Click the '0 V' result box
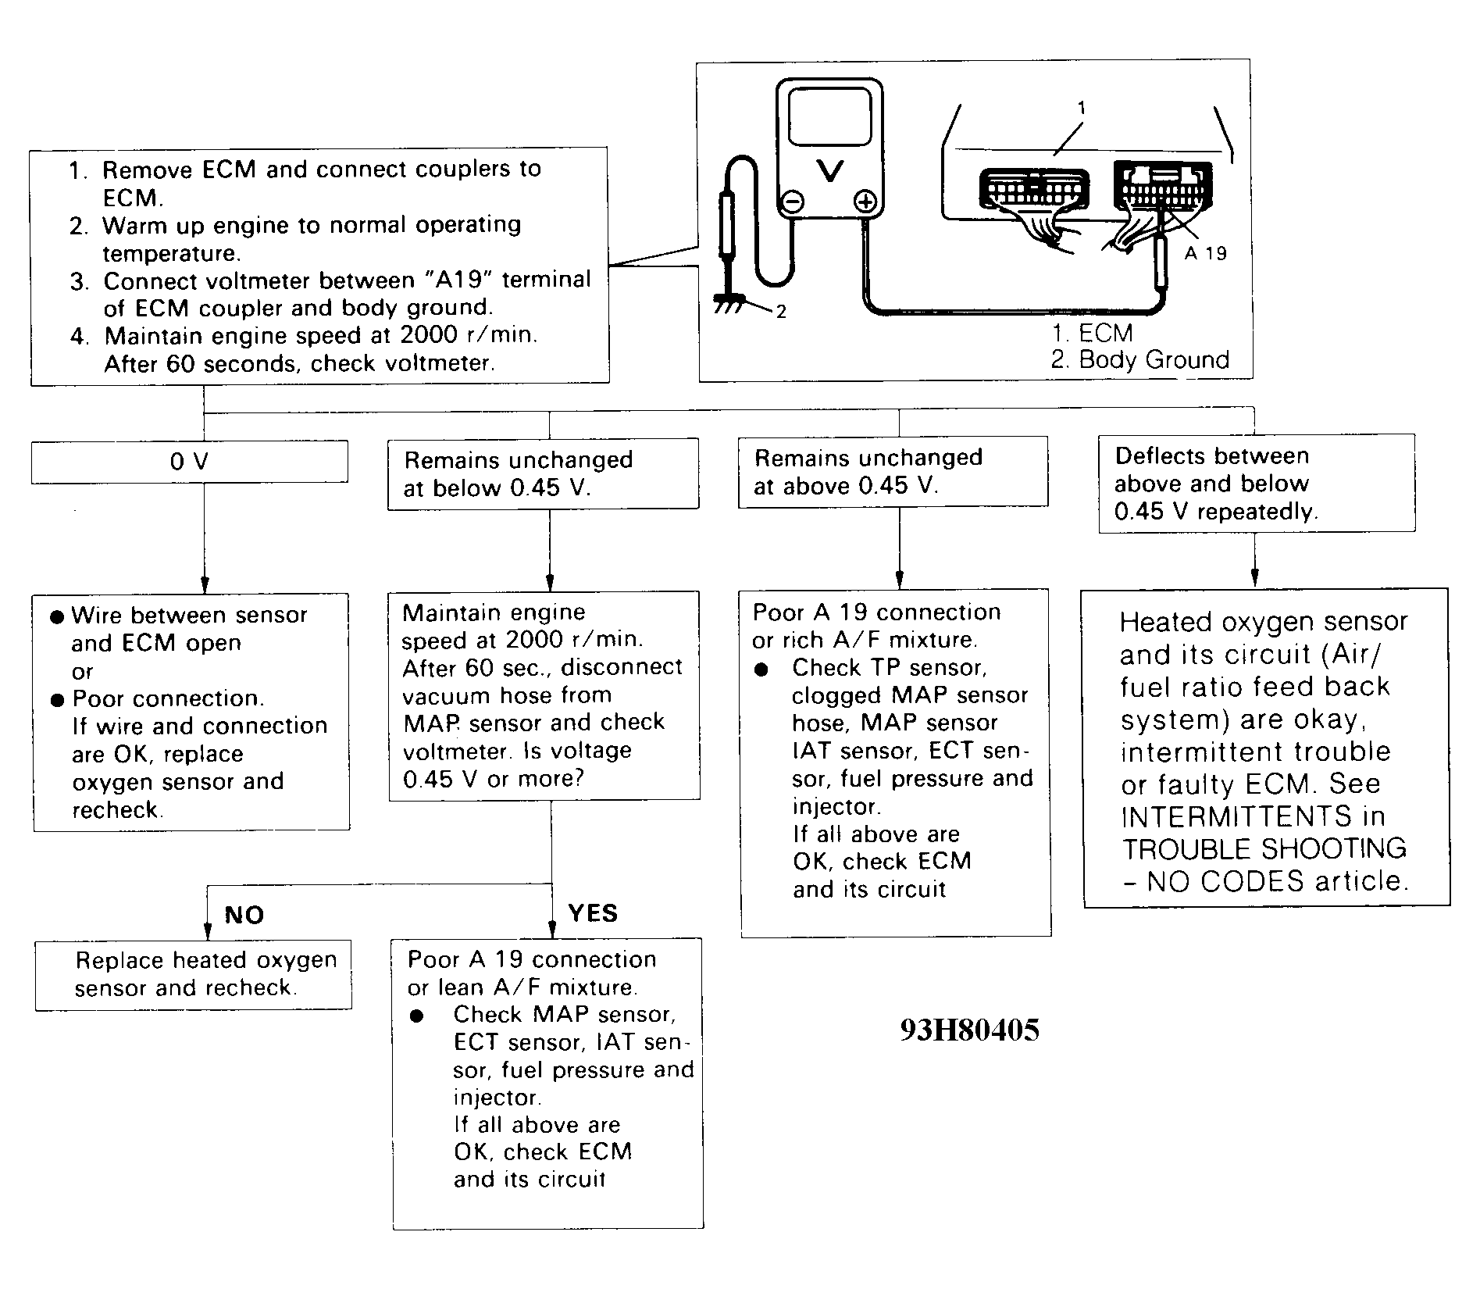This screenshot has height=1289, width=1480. click(x=189, y=462)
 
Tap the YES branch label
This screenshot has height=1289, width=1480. click(x=593, y=913)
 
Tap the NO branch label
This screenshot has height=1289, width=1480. click(x=244, y=915)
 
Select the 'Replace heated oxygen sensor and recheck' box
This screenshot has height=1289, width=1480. click(x=193, y=974)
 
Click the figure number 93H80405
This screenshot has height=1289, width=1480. click(x=969, y=1030)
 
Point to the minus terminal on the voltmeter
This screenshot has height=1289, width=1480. click(x=792, y=203)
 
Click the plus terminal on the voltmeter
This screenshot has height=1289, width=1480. click(x=865, y=203)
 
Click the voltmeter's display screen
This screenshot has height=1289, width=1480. click(x=829, y=116)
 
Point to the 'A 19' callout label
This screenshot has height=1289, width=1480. click(x=1205, y=253)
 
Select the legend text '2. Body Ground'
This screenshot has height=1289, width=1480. click(x=1139, y=360)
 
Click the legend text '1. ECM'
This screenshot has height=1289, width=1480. click(x=1092, y=334)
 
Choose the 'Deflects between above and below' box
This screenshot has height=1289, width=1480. click(x=1256, y=484)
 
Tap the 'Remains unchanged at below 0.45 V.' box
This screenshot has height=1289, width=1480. click(x=544, y=474)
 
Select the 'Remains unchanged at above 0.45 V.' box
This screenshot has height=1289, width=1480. click(x=893, y=472)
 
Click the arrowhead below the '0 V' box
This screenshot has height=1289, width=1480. click(x=205, y=585)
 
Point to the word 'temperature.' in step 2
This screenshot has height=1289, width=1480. click(x=172, y=254)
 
